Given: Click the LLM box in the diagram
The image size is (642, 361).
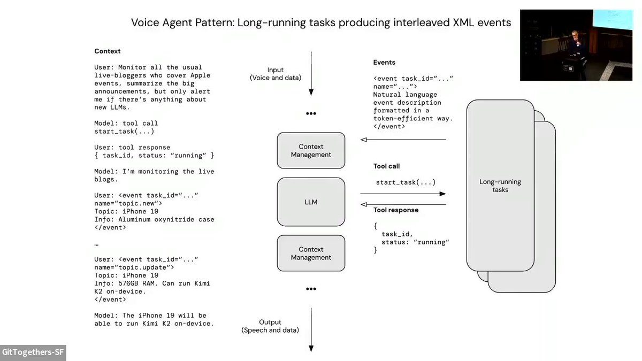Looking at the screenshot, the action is (x=311, y=202).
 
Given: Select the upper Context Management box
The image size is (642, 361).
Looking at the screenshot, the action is (x=311, y=150).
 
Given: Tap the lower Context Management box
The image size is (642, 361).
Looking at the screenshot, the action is (x=311, y=254).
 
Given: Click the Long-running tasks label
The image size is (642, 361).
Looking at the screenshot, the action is (x=500, y=186).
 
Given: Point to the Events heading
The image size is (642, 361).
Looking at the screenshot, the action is (x=384, y=63).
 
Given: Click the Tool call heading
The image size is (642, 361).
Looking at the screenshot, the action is (x=386, y=166).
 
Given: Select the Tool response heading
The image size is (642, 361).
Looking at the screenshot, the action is (x=396, y=210).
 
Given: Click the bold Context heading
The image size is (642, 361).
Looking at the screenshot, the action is (x=107, y=51).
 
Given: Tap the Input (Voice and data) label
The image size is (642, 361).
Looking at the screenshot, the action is (x=276, y=74).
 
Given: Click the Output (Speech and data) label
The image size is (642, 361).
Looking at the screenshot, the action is (x=270, y=326).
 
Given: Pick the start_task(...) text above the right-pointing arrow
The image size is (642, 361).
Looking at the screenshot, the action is (x=406, y=182).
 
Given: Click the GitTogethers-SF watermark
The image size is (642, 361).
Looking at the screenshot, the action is (x=33, y=352).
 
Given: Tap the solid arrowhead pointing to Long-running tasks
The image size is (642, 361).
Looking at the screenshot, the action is (x=443, y=194).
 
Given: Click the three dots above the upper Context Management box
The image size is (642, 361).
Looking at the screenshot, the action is (x=311, y=114).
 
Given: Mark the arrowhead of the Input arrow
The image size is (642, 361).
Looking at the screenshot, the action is (x=311, y=92).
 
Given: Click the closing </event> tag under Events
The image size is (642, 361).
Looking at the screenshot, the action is (x=389, y=126).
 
